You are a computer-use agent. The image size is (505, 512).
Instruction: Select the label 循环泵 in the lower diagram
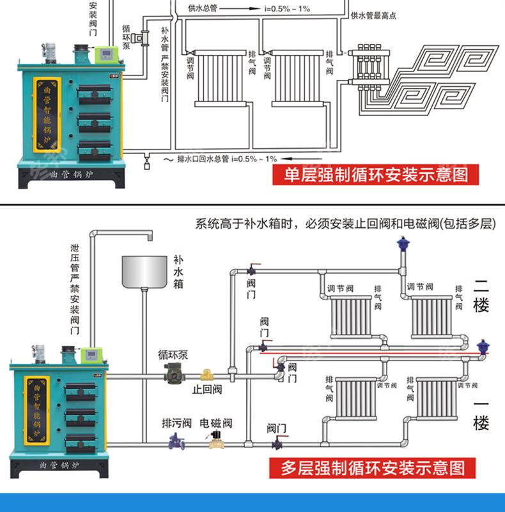(173, 355)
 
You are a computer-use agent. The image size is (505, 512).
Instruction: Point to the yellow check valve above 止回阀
(206, 375)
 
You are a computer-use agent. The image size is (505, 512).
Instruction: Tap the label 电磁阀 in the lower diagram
(216, 423)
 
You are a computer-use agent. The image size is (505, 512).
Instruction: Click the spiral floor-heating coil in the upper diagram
(441, 77)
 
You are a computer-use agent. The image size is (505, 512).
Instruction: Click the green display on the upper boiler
(104, 54)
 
